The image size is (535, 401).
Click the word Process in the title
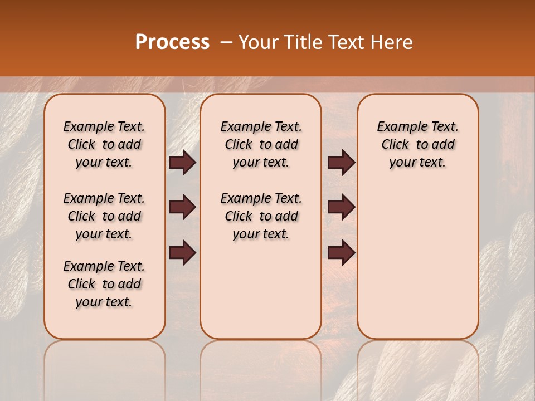tap(172, 42)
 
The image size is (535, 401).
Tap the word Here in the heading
tap(392, 42)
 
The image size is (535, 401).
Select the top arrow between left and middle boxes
tap(182, 163)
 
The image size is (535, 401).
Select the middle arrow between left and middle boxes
tap(182, 208)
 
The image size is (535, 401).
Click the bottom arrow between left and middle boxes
tap(182, 253)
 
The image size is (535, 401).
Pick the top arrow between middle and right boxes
tap(341, 163)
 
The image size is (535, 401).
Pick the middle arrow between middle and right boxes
tap(341, 208)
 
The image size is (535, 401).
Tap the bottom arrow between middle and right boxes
tap(341, 253)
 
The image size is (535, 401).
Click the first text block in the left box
tap(104, 144)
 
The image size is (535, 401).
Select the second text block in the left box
tap(104, 216)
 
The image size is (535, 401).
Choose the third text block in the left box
tap(104, 284)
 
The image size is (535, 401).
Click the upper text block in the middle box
tap(261, 144)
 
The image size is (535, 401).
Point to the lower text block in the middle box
tap(261, 216)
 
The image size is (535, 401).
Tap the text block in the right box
tap(417, 144)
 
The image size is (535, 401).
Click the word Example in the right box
tap(398, 127)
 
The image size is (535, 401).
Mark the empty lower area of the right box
tap(417, 262)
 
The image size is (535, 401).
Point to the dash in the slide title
tap(226, 42)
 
